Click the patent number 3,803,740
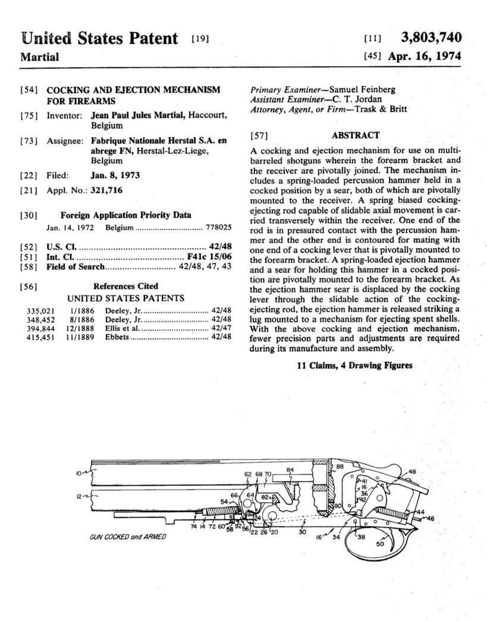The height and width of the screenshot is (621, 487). pyautogui.click(x=431, y=38)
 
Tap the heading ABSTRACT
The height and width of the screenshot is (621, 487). pyautogui.click(x=355, y=136)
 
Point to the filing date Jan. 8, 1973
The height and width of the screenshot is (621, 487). pyautogui.click(x=115, y=175)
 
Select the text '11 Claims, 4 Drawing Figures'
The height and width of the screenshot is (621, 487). pyautogui.click(x=354, y=365)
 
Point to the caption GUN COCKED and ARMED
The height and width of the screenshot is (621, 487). pyautogui.click(x=128, y=537)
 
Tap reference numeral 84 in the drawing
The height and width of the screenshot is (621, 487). pyautogui.click(x=290, y=470)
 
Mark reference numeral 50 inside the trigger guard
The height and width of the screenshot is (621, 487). pyautogui.click(x=381, y=544)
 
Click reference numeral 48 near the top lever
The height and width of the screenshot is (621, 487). pyautogui.click(x=413, y=472)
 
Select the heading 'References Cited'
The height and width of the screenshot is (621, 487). pyautogui.click(x=125, y=286)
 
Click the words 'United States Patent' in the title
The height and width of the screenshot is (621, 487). pyautogui.click(x=99, y=39)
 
